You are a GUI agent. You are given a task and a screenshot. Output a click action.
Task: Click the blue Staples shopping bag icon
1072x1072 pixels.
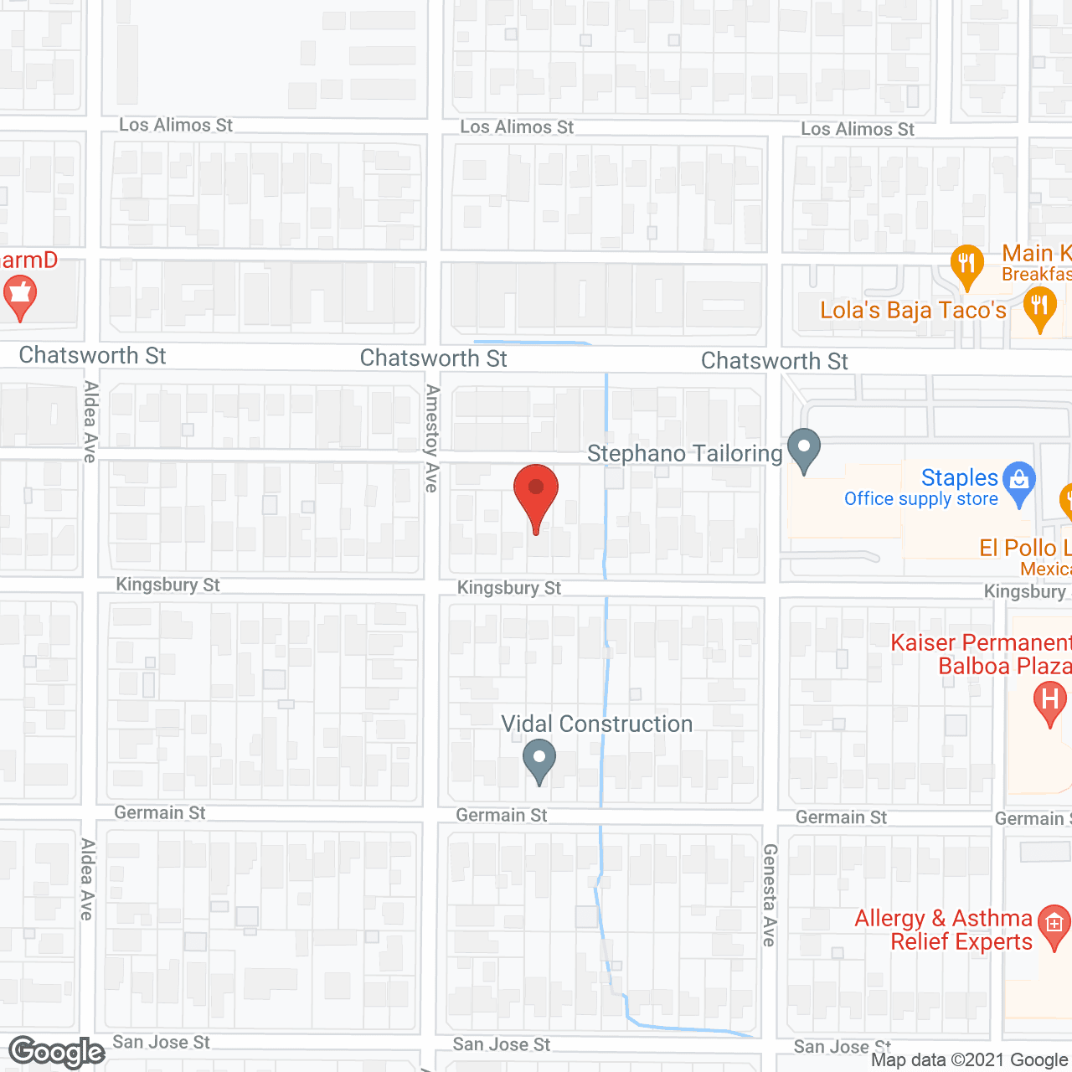click(1019, 481)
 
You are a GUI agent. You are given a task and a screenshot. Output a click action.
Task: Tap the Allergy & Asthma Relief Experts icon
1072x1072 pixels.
click(1054, 925)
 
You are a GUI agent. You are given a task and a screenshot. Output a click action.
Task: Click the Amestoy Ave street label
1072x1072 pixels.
click(432, 438)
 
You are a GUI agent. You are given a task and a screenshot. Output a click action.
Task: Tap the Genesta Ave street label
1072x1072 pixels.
click(770, 894)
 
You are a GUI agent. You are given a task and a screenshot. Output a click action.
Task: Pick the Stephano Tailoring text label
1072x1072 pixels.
click(684, 454)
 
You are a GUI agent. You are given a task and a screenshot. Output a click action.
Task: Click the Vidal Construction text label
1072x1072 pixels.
click(596, 724)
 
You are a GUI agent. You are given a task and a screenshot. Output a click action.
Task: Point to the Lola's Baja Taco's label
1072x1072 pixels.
click(913, 311)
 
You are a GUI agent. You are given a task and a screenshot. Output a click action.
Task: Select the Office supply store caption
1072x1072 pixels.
click(920, 499)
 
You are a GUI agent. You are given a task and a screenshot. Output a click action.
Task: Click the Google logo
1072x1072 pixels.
click(56, 1052)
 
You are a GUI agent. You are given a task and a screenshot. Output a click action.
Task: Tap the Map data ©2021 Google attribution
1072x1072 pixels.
click(969, 1060)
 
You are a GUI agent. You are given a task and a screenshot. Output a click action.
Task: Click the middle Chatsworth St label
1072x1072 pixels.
click(433, 358)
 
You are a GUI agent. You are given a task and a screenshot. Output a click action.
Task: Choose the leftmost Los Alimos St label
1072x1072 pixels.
click(176, 125)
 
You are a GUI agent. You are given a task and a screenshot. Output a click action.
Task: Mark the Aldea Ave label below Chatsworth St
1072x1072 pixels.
click(90, 421)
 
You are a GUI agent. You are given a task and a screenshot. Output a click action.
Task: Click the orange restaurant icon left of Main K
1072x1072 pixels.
click(967, 264)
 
